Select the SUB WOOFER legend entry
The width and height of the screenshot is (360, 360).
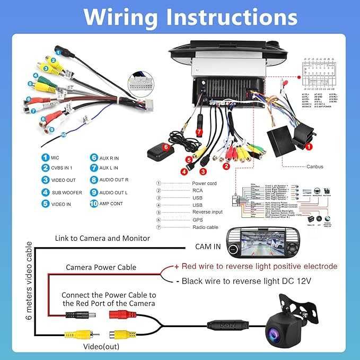67,192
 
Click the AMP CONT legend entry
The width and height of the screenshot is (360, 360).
111,204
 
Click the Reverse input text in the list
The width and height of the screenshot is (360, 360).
207,212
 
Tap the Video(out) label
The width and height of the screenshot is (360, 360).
101,347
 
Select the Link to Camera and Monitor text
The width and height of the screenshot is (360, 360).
102,239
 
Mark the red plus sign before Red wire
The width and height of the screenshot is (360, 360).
177,267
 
